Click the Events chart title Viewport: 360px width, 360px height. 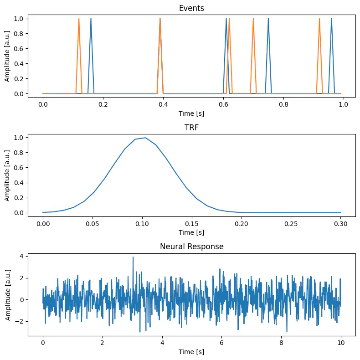191,8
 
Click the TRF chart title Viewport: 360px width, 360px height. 191,128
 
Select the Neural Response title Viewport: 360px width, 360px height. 191,247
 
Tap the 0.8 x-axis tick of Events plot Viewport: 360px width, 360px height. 283,104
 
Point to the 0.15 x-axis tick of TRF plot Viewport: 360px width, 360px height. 192,223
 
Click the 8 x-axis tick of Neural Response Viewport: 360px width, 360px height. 281,342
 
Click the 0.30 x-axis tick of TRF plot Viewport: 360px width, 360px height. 341,223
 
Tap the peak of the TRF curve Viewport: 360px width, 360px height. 145,138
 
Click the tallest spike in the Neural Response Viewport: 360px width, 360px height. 133,257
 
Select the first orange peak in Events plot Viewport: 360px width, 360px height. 79,19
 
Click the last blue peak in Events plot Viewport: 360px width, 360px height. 331,19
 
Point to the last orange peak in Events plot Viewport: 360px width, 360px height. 319,19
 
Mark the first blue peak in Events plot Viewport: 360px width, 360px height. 91,19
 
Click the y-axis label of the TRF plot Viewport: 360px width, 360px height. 8,175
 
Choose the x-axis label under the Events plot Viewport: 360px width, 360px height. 191,113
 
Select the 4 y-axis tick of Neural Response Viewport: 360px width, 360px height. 21,257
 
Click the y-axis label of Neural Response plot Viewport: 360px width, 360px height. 8,294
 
